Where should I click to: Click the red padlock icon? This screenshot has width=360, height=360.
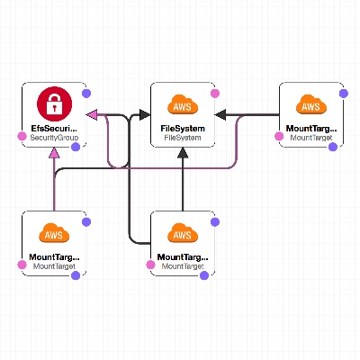pos(54,103)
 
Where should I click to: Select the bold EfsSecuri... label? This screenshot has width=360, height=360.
pos(54,129)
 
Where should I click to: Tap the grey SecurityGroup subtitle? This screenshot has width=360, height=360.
pos(54,138)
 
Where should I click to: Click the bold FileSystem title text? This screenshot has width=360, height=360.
pos(183,129)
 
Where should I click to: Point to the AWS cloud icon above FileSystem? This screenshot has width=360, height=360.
pos(183,104)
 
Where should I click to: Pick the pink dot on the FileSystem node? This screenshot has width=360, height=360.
pos(215,94)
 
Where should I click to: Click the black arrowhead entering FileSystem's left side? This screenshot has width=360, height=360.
pos(145,114)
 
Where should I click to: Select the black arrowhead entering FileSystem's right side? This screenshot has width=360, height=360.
pos(220,114)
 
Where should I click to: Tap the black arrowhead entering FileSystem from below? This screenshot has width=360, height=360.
pos(183,152)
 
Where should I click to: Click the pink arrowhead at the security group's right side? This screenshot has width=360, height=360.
pos(92,114)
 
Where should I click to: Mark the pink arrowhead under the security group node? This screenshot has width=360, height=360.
pos(54,152)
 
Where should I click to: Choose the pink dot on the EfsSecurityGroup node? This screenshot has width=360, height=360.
pos(22,137)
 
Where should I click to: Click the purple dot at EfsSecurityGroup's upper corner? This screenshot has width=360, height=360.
pos(86,94)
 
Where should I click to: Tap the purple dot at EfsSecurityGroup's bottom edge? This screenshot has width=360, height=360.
pos(76,147)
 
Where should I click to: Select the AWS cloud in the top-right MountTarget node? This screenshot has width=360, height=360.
pos(311,104)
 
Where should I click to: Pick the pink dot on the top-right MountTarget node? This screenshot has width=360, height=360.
pos(279,137)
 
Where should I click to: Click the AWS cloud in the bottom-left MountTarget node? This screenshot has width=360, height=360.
pos(54,233)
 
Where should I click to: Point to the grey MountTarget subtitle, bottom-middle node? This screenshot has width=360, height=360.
pos(183,266)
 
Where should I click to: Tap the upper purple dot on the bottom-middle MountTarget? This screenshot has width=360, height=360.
pos(215,222)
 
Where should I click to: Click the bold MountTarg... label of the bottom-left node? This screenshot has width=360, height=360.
pos(54,257)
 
